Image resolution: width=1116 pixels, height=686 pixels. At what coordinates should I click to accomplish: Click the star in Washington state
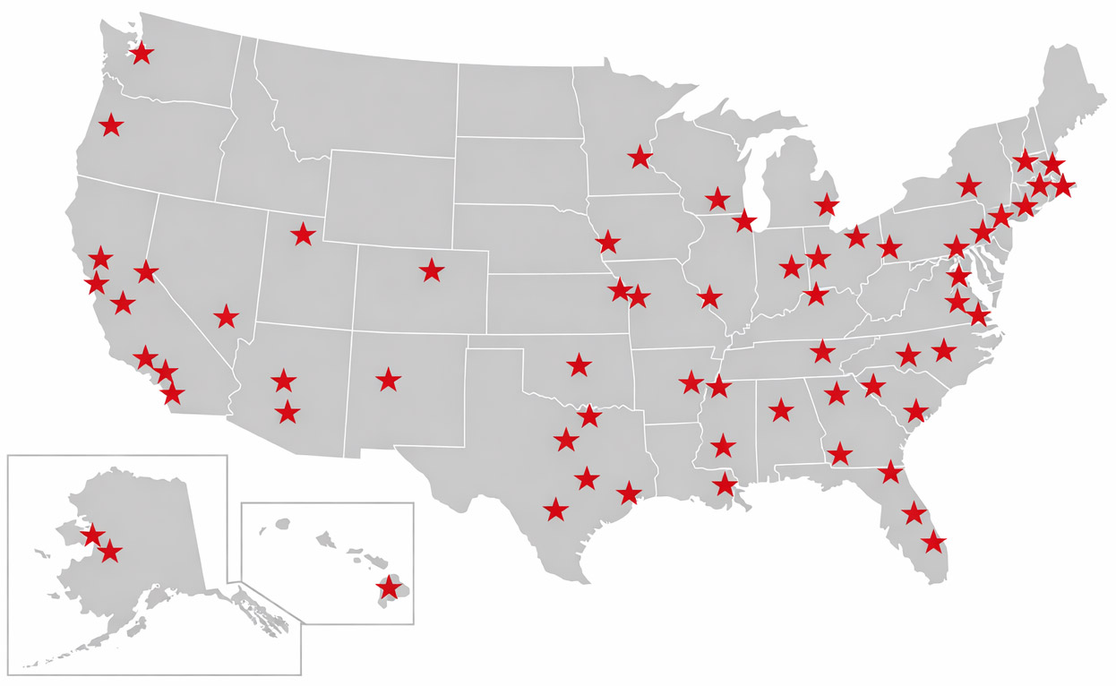pyautogui.click(x=141, y=53)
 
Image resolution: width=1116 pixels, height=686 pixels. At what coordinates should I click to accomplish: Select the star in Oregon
pyautogui.click(x=110, y=124)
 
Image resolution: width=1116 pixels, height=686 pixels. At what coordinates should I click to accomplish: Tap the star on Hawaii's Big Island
pyautogui.click(x=389, y=588)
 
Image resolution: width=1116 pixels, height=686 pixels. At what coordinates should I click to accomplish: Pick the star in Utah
pyautogui.click(x=304, y=235)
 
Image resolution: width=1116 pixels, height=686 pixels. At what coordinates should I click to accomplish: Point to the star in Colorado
pyautogui.click(x=432, y=270)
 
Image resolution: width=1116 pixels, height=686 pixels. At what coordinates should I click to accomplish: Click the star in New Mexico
pyautogui.click(x=388, y=380)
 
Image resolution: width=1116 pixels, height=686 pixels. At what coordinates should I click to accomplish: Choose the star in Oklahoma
pyautogui.click(x=579, y=364)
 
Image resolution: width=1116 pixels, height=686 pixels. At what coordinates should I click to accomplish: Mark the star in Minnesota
pyautogui.click(x=640, y=158)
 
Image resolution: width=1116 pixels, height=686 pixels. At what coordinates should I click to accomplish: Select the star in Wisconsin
pyautogui.click(x=717, y=199)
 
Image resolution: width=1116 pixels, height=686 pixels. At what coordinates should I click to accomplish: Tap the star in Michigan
pyautogui.click(x=827, y=205)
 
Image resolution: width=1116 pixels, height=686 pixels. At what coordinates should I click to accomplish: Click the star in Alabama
pyautogui.click(x=781, y=410)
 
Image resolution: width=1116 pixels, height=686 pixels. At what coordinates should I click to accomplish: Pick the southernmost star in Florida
pyautogui.click(x=933, y=541)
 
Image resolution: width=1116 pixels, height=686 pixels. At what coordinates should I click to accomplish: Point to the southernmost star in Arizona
pyautogui.click(x=288, y=413)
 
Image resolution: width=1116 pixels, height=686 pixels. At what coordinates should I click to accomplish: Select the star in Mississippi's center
pyautogui.click(x=723, y=445)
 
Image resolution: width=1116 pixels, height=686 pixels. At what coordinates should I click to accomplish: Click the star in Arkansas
pyautogui.click(x=691, y=382)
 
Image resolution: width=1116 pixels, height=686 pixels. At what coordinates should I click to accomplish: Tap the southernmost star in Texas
pyautogui.click(x=556, y=510)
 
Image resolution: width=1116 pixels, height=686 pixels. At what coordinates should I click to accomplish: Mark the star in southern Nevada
pyautogui.click(x=227, y=316)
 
